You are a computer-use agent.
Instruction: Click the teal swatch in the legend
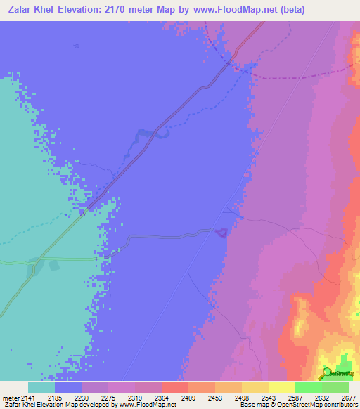tap(41, 387)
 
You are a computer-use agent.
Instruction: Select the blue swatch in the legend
tap(68, 387)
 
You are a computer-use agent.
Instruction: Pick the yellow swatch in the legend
tap(281, 387)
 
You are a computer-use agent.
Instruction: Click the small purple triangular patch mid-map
tap(221, 232)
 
